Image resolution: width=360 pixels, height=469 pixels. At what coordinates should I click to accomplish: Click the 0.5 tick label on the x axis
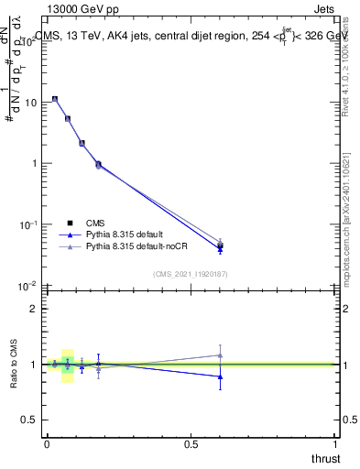[x=191, y=444]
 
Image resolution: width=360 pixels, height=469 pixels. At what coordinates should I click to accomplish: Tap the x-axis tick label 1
[x=336, y=444]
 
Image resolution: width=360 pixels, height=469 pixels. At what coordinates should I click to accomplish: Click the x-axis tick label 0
[x=47, y=444]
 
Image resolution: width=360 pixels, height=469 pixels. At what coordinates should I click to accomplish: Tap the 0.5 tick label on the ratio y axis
[x=28, y=420]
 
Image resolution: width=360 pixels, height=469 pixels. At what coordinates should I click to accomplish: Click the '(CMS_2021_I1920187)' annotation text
[x=191, y=273]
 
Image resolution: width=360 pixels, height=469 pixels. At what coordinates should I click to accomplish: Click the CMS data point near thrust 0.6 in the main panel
[x=220, y=245]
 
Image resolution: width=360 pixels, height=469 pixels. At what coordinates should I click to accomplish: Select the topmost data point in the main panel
[x=55, y=99]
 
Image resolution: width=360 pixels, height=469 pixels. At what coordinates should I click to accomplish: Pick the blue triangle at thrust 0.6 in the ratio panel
[x=220, y=376]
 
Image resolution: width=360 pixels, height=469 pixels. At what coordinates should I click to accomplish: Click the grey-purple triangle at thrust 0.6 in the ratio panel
[x=220, y=355]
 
